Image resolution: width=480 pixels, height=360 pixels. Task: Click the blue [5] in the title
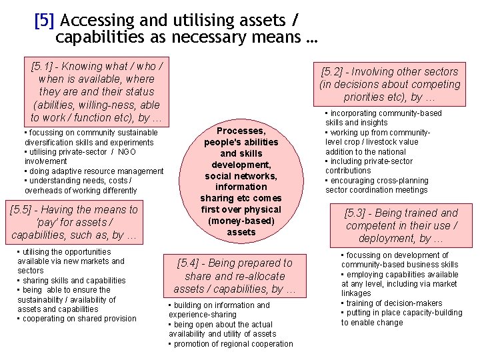44,21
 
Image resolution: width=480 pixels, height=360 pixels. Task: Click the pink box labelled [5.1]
97,92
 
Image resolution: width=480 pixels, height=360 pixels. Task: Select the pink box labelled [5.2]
390,84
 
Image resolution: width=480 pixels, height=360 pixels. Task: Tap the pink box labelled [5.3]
401,225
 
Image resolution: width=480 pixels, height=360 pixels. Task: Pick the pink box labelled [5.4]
235,276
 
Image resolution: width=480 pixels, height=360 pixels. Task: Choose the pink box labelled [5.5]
75,222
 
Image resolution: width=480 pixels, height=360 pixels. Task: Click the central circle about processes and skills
241,181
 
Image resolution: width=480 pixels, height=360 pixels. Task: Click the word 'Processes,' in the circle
241,131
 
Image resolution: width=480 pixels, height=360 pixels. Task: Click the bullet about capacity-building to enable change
401,317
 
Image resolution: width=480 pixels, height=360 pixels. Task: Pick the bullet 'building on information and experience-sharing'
220,310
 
